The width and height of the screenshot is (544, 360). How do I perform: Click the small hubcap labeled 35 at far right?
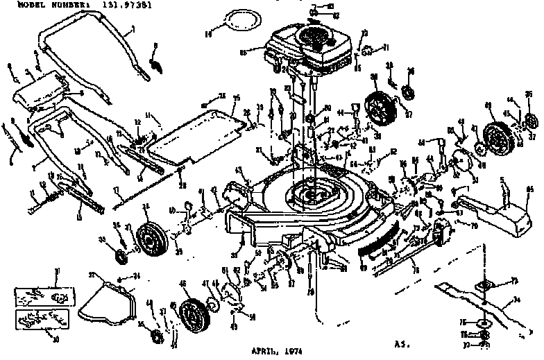pos(532,119)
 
